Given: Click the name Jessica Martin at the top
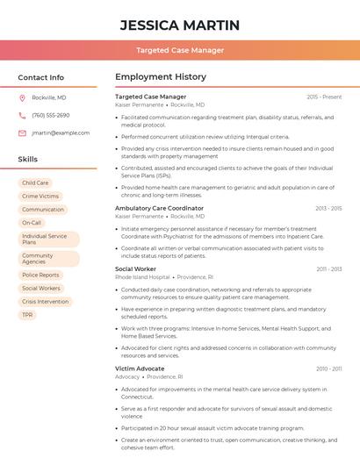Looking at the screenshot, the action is click(x=179, y=24).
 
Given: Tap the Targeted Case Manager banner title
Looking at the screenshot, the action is click(x=179, y=50).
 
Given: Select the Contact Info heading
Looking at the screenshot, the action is click(x=41, y=77).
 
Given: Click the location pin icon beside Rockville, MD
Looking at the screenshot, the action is click(x=22, y=97).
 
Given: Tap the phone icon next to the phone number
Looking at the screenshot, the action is click(x=22, y=115).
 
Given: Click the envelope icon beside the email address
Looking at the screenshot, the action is click(x=22, y=133).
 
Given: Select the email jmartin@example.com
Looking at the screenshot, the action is click(x=61, y=133).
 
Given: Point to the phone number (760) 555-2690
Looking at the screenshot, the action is click(x=51, y=115).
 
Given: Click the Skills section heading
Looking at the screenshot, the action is click(x=28, y=160).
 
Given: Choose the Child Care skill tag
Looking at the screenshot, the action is click(x=36, y=182).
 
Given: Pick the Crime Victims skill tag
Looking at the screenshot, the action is click(x=40, y=197).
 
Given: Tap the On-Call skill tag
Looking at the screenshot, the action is click(x=32, y=223).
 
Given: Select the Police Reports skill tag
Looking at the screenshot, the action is click(x=40, y=275).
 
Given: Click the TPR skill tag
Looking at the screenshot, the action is click(x=28, y=314).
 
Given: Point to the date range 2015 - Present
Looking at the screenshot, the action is click(x=324, y=97).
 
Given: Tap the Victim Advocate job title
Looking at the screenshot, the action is click(x=140, y=368).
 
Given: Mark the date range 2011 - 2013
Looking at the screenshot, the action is click(x=329, y=269).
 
